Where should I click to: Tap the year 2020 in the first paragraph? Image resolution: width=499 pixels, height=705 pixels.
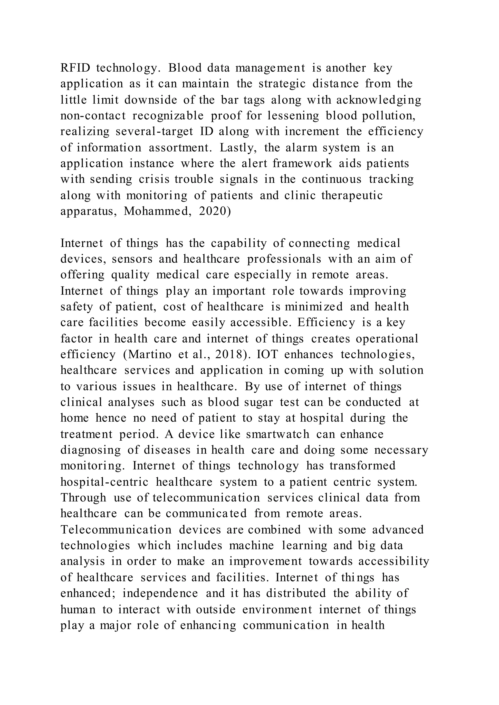point(212,212)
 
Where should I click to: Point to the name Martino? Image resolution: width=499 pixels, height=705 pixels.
point(149,355)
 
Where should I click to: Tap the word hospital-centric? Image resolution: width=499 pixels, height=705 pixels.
point(104,482)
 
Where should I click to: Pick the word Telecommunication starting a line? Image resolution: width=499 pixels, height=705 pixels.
point(116,530)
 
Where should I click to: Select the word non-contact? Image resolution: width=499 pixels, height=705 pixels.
point(93,116)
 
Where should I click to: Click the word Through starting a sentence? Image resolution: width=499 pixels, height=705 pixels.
point(83,498)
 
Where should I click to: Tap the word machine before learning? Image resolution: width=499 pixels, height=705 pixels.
point(251,546)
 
